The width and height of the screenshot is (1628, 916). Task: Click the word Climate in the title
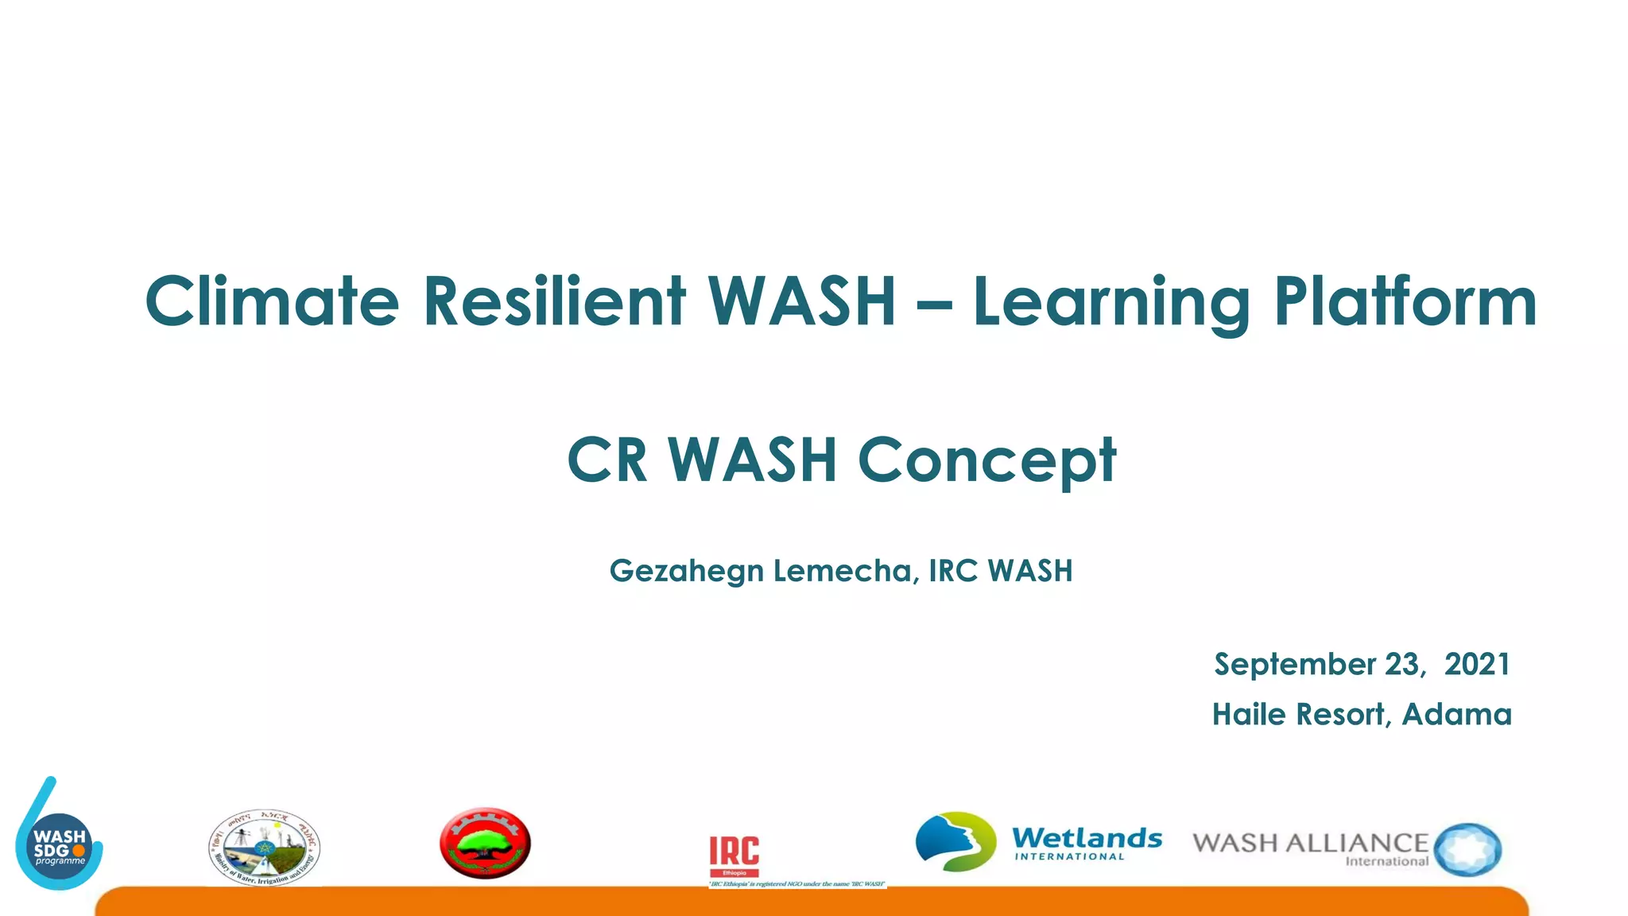pos(271,301)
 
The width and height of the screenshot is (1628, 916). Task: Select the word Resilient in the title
pos(554,301)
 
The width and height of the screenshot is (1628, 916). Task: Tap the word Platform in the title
pos(1405,301)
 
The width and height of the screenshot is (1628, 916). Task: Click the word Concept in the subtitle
pos(987,461)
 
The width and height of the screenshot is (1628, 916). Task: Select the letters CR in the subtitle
pos(607,460)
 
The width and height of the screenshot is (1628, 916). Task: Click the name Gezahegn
pos(686,572)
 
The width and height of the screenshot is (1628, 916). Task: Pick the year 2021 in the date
pos(1476,664)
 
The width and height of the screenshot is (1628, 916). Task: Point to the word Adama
pos(1456,714)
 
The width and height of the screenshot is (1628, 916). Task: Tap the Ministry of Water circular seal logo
pos(265,848)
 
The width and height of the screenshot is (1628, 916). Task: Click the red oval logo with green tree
pos(485,844)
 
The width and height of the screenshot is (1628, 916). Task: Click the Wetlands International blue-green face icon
pos(955,841)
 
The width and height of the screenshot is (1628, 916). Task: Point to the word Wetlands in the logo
pos(1087,838)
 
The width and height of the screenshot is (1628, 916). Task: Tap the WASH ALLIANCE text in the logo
pos(1310,843)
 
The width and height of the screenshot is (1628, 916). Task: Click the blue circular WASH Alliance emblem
pos(1468,849)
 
